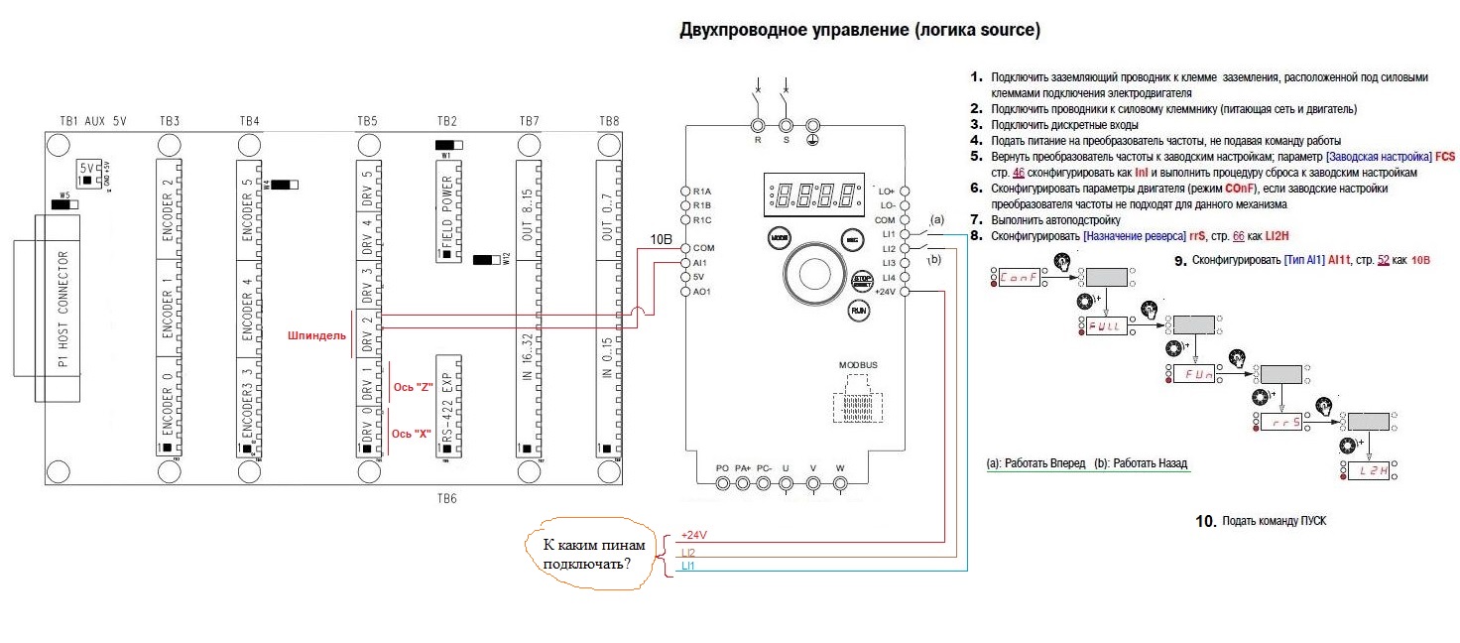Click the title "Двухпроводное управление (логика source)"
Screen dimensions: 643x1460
pos(859,31)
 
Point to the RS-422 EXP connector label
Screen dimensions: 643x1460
pos(447,403)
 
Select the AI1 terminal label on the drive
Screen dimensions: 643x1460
pos(701,262)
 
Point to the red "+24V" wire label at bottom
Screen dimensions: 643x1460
pos(694,535)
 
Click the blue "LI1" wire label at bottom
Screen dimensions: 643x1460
pos(688,566)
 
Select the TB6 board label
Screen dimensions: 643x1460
pos(446,498)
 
